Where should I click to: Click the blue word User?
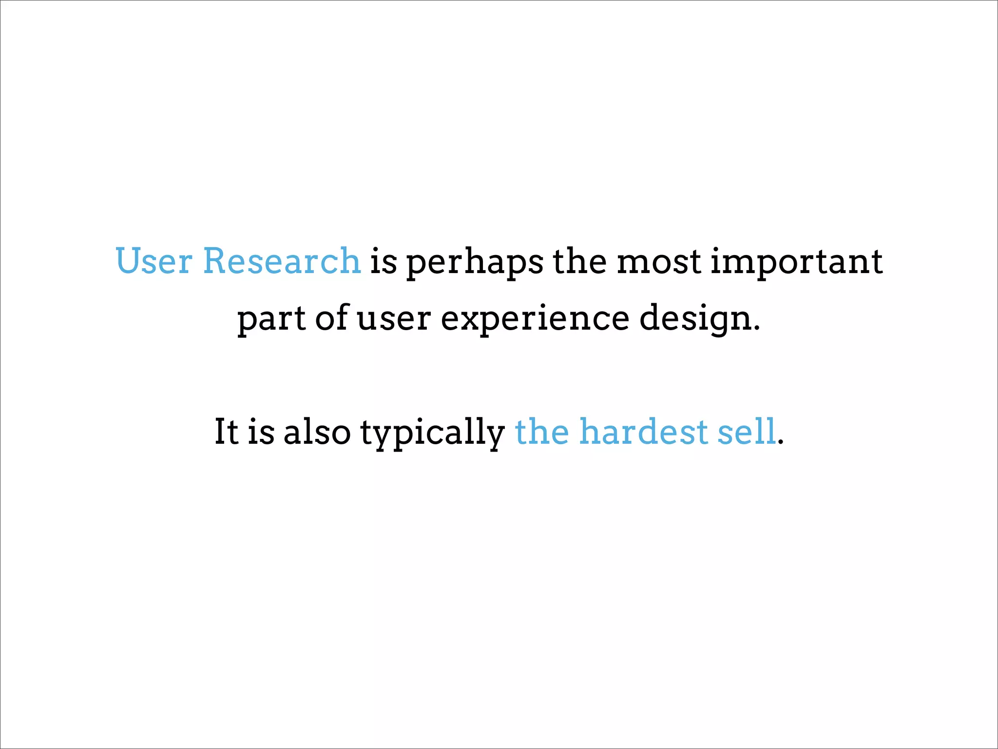(x=154, y=261)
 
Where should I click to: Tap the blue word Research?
(x=281, y=261)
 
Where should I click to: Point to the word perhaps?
(x=475, y=263)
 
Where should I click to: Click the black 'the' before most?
(x=579, y=261)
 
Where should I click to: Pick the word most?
(x=659, y=262)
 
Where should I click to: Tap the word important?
(x=796, y=262)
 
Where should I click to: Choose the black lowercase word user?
(x=394, y=319)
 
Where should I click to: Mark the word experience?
(x=535, y=319)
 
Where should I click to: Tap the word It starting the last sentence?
(x=226, y=432)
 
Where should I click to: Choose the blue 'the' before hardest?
(x=541, y=432)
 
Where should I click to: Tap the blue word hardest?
(x=643, y=432)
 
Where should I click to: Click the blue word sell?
(x=746, y=432)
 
